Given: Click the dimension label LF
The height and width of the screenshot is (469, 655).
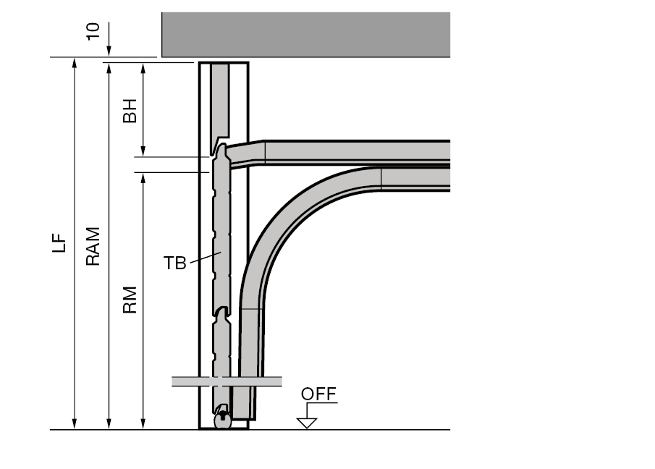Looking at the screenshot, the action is click(59, 242).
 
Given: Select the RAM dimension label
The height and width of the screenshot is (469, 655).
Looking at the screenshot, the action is click(93, 246).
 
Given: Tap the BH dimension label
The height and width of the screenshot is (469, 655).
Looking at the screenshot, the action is click(130, 111).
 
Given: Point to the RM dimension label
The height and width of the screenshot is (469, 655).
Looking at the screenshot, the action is click(130, 300).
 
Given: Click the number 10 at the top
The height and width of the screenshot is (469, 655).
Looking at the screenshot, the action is click(93, 31).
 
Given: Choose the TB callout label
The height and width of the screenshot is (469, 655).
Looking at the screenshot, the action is click(174, 263).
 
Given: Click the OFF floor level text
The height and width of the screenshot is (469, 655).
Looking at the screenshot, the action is click(318, 394).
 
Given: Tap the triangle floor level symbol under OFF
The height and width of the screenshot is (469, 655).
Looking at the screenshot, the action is click(307, 423).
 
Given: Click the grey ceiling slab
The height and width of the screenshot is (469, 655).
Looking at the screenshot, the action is click(305, 35).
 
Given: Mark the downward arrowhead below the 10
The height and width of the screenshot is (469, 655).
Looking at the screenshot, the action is click(109, 51).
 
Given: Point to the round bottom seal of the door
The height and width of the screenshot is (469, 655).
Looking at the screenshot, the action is click(223, 420).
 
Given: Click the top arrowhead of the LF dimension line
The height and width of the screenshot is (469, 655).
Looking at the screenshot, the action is click(75, 63).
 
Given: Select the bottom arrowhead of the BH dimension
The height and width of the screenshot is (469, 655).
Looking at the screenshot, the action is click(143, 151).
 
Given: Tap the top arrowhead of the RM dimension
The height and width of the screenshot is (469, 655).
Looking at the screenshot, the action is click(143, 178).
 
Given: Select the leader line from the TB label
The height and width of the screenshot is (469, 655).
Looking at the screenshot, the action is click(206, 257).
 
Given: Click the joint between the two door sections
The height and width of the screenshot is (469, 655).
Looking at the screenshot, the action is click(221, 312).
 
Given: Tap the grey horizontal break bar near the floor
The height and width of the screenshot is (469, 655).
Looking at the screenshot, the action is click(227, 381).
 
